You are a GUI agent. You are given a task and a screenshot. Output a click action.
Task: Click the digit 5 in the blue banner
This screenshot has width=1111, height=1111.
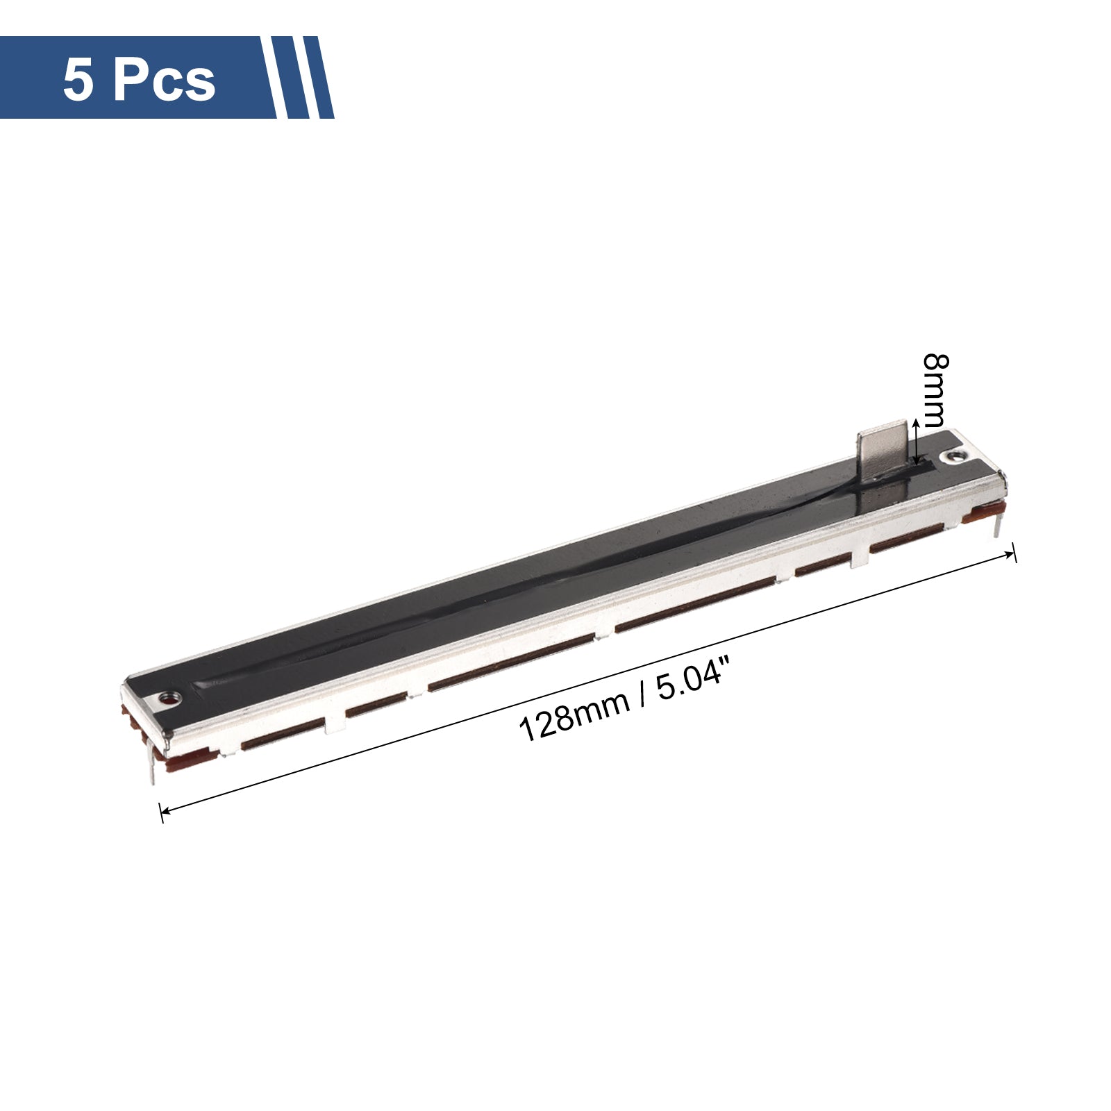click(x=78, y=80)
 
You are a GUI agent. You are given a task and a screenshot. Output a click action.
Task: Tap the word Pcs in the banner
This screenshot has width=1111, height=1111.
click(x=164, y=80)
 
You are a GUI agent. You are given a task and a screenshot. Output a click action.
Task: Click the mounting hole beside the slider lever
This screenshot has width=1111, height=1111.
click(x=953, y=458)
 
